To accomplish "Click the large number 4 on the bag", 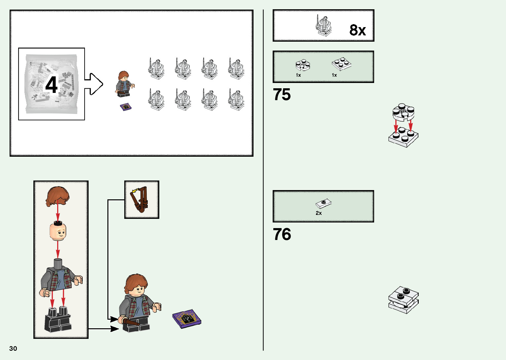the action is (x=52, y=85).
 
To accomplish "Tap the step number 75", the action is (x=282, y=95).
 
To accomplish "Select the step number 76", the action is (x=282, y=234).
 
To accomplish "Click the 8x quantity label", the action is (x=358, y=30).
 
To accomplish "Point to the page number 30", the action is (x=13, y=348).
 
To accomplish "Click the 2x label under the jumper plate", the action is (x=319, y=213).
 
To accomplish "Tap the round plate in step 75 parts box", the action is (x=303, y=65).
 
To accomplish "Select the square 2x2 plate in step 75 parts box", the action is (x=341, y=64).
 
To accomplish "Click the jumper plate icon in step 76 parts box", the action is (x=324, y=203).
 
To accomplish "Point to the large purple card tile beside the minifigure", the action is (x=186, y=319).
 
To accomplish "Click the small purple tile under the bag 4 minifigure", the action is (x=126, y=107).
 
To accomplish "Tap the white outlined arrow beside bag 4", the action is (x=94, y=84).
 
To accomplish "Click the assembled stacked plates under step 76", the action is (x=403, y=300).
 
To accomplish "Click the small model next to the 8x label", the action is (x=323, y=26).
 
